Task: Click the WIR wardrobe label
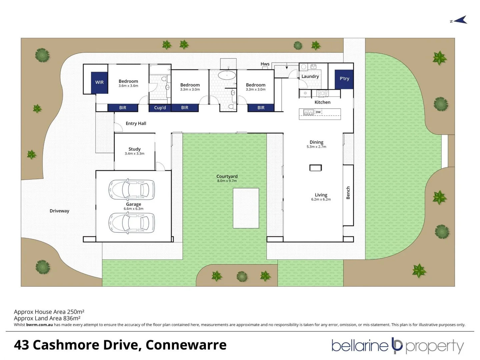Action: click(99, 82)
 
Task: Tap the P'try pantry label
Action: click(344, 79)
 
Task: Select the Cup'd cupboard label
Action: click(160, 108)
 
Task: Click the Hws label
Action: click(265, 64)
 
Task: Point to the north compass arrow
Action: click(460, 20)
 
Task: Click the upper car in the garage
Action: click(132, 190)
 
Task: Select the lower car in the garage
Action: click(132, 223)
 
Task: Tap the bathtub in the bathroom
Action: click(227, 75)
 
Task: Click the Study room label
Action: click(134, 149)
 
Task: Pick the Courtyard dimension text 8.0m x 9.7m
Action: click(227, 181)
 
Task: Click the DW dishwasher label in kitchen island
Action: click(318, 112)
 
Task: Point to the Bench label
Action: click(348, 193)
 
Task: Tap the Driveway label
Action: click(59, 211)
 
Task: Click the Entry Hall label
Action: click(136, 123)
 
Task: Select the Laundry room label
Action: click(310, 76)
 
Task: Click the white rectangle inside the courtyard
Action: click(246, 208)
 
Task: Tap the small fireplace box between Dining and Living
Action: click(315, 168)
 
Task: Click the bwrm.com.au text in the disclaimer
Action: click(39, 325)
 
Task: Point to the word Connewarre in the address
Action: click(186, 345)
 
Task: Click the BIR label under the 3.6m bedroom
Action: click(123, 108)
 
